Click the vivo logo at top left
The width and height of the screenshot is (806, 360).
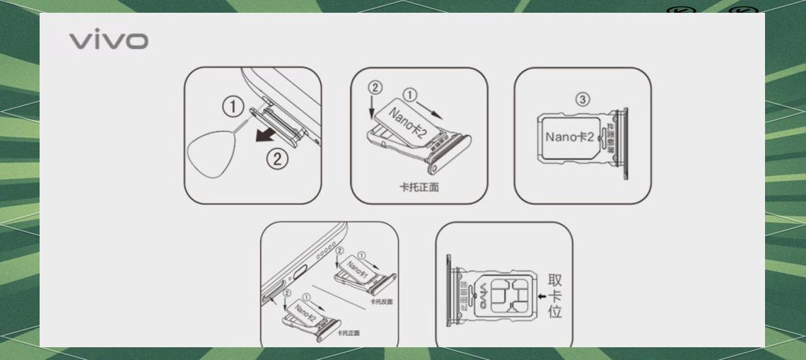[108, 40]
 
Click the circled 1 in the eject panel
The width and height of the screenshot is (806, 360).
[233, 108]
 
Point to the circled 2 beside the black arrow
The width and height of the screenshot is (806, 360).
[277, 159]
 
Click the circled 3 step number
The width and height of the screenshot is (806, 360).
[582, 100]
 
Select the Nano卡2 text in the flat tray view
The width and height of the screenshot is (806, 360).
[569, 136]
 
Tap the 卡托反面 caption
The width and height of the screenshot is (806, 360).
[381, 301]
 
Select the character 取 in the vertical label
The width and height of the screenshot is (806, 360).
[555, 280]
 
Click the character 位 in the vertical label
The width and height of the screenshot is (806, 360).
[555, 311]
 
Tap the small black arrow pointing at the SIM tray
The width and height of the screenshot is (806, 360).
[542, 296]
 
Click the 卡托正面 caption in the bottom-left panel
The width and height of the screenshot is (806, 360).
[348, 332]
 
